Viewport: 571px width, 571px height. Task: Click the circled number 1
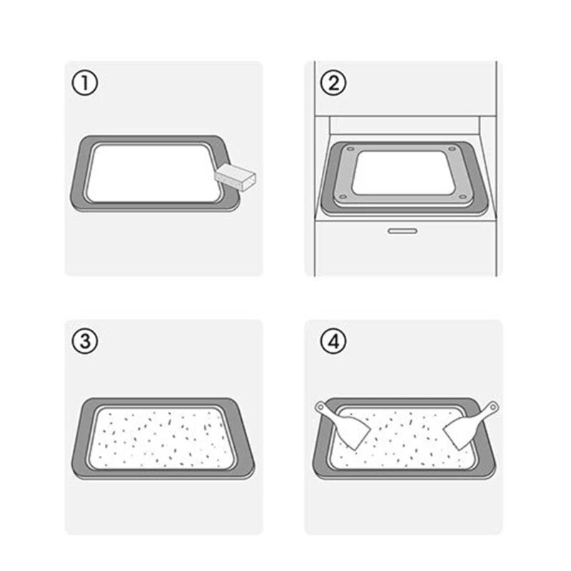pos(85,83)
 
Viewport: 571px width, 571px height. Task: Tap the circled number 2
pos(333,83)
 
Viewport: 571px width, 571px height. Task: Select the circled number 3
pos(85,341)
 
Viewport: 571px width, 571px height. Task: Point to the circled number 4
pos(333,341)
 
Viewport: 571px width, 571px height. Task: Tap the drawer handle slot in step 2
pos(403,231)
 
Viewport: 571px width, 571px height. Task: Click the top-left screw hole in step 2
pos(350,149)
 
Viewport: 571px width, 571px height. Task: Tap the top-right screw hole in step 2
pos(452,148)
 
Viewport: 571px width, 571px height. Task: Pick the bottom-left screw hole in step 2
pos(343,197)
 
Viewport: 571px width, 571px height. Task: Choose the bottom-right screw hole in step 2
pos(463,197)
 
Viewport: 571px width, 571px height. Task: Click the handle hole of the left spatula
pos(320,407)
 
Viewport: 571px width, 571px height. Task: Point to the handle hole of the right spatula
pos(492,406)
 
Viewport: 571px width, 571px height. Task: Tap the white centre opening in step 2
pos(404,173)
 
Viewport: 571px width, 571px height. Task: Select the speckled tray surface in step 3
pos(161,438)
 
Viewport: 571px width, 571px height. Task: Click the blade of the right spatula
pos(460,433)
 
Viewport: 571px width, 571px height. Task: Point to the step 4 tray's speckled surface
pos(404,440)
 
